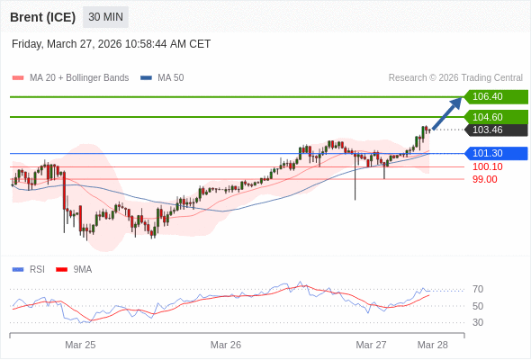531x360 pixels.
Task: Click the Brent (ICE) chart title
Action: coord(42,17)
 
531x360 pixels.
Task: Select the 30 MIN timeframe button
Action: coord(105,17)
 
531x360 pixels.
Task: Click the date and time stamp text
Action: coord(112,43)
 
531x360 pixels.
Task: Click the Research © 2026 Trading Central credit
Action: coord(455,78)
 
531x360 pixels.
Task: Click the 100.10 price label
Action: coord(487,166)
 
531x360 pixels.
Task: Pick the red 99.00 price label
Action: coord(484,179)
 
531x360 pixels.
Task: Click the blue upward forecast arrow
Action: coord(447,113)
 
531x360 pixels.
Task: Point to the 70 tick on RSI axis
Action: coord(478,290)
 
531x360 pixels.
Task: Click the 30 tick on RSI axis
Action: coord(478,322)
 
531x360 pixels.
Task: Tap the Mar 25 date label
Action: coord(80,345)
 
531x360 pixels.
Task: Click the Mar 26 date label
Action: coord(226,345)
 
